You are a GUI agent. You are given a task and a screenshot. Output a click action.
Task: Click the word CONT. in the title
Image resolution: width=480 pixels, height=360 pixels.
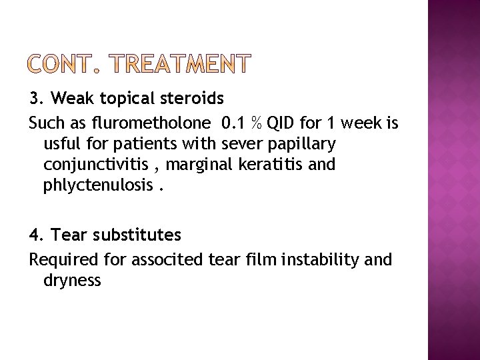[x=63, y=64]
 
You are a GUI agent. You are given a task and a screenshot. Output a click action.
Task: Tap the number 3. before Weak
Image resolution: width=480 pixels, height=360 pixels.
[x=37, y=99]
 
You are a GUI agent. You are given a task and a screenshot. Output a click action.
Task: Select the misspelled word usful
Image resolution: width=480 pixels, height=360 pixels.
[x=61, y=143]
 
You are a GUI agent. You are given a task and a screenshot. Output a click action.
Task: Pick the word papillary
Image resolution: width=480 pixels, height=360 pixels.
[x=305, y=143]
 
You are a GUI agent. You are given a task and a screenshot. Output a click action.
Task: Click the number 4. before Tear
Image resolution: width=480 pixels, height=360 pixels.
[x=37, y=235]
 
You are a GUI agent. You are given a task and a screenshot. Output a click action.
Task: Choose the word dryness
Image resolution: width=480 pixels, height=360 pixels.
[x=72, y=280]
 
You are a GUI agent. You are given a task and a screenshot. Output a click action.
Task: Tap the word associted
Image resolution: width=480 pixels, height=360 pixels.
[x=161, y=259]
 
